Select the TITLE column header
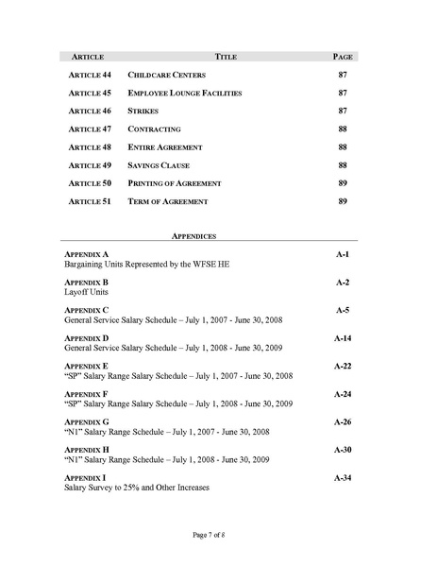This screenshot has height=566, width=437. (x=226, y=57)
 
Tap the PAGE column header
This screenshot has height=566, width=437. (x=343, y=57)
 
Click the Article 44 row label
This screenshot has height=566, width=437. (x=91, y=75)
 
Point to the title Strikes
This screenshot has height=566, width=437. (x=143, y=111)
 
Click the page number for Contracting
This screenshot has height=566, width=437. (x=343, y=129)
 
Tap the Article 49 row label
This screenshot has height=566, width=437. (x=91, y=165)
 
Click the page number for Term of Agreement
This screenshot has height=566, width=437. (x=343, y=201)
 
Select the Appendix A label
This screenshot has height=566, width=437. (x=86, y=255)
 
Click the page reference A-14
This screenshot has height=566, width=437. (x=342, y=337)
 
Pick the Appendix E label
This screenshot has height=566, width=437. (x=86, y=365)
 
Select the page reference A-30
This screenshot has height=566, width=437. (x=342, y=450)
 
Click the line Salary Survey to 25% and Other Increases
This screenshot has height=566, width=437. (x=136, y=488)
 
